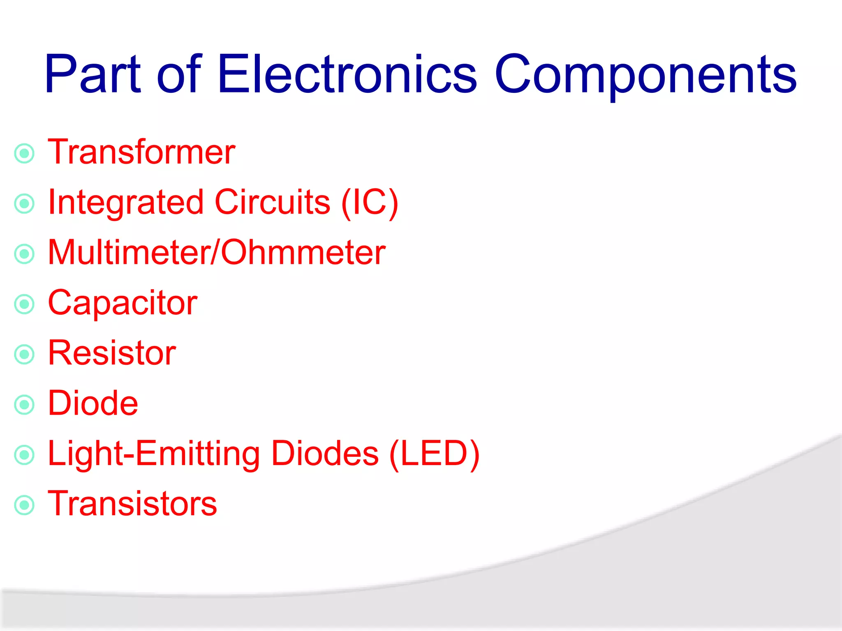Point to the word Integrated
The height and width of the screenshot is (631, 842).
(126, 203)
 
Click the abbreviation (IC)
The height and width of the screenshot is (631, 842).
(370, 203)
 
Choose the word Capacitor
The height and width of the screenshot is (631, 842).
(123, 303)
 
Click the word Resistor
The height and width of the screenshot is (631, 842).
(112, 353)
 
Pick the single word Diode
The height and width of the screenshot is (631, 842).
(93, 403)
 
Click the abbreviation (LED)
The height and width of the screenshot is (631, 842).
(434, 454)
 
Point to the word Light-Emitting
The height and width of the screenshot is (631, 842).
(154, 454)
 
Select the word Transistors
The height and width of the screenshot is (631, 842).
(132, 504)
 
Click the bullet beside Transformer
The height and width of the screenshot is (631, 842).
(24, 154)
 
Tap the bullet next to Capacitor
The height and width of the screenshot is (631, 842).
(24, 304)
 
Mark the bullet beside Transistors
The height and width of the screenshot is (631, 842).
(24, 505)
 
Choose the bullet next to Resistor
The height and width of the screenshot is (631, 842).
(24, 354)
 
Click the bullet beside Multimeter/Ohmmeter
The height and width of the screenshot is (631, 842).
(24, 254)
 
